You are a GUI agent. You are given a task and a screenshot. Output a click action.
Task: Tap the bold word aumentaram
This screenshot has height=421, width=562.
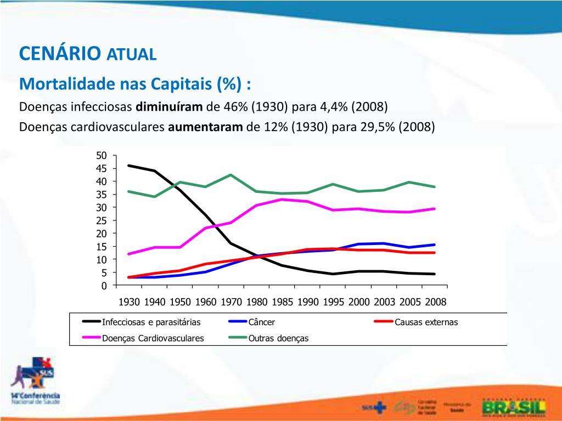point(205,127)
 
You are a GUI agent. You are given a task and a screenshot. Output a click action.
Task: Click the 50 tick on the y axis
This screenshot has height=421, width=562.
point(102,156)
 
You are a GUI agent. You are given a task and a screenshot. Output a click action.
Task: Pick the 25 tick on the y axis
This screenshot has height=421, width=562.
point(102,220)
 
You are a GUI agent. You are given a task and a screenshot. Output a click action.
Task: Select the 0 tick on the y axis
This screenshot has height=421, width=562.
point(104,286)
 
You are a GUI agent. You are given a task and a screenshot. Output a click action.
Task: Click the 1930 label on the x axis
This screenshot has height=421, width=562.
point(129,302)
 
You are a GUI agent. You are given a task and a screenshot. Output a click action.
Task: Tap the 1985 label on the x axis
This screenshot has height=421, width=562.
point(282,302)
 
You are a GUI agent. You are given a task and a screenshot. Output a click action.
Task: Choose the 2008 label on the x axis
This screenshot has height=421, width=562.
point(436,302)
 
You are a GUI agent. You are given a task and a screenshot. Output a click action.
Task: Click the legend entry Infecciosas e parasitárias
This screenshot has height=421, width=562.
point(151,322)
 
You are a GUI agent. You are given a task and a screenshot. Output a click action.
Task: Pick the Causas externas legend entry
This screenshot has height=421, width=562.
point(425,322)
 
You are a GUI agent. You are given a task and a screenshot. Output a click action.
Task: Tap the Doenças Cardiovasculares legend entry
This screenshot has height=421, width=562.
point(153,338)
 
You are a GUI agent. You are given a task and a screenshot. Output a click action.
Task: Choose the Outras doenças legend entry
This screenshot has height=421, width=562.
point(278,338)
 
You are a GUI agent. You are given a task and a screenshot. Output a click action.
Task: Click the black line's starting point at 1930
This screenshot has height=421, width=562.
point(129,166)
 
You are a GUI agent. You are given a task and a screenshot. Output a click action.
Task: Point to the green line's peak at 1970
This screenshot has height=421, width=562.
point(231,175)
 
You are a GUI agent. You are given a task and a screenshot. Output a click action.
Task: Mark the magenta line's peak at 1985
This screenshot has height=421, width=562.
point(282,199)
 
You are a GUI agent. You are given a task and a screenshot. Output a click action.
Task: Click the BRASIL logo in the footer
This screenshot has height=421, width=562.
point(513,407)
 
